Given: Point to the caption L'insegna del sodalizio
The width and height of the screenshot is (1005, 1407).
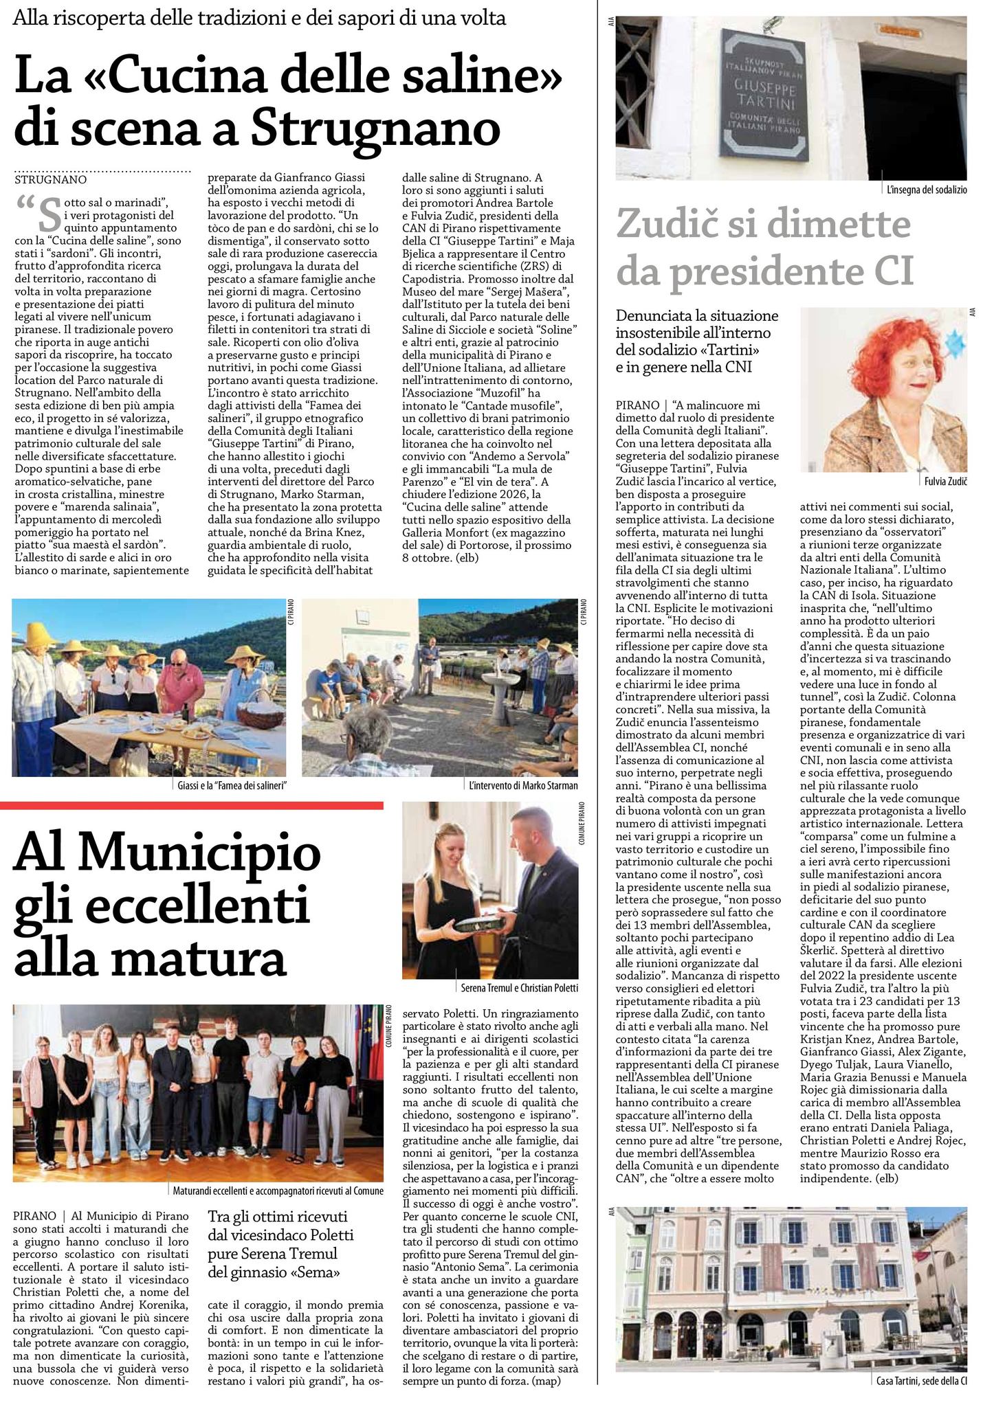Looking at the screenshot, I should point(926,190).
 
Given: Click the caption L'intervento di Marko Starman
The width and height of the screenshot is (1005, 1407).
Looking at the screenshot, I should point(523,785).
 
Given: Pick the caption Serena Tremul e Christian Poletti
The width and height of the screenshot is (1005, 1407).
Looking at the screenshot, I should point(519,987).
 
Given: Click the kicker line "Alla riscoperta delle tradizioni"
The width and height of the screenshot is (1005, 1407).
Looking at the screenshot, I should point(259,19).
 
